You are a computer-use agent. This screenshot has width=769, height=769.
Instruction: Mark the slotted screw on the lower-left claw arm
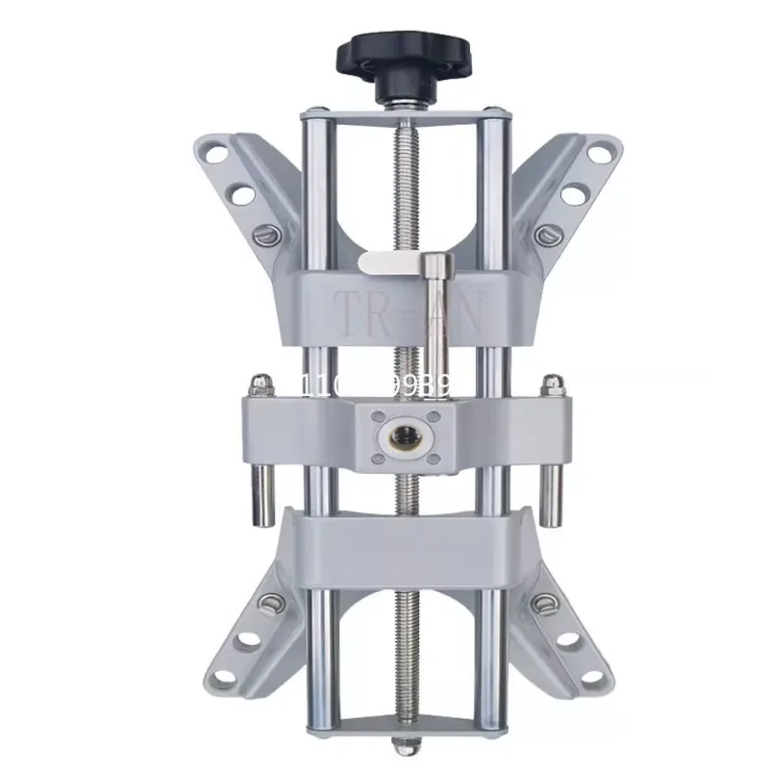[269, 604]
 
